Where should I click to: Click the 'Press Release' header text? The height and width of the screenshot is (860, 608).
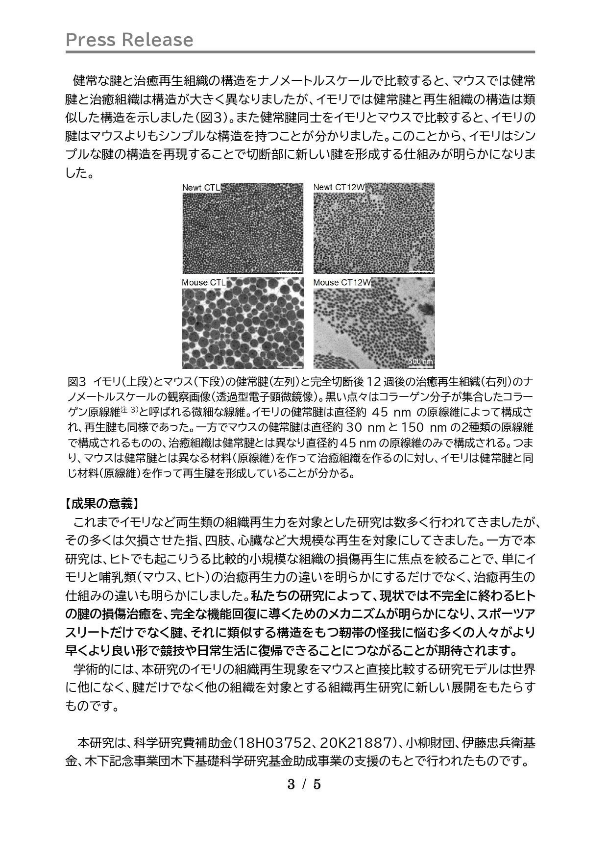[x=129, y=40]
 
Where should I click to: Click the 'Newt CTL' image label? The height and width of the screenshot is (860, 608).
[x=201, y=188]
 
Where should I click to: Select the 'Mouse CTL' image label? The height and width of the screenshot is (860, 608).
[x=203, y=283]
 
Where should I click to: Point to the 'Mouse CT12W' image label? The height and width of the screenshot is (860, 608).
[x=341, y=283]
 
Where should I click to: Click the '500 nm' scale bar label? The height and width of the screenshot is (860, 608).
[x=421, y=362]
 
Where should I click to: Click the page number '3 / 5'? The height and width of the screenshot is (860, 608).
[x=304, y=785]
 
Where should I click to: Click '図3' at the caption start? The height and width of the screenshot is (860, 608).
[x=77, y=381]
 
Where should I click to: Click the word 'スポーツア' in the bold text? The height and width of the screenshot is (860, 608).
[x=506, y=614]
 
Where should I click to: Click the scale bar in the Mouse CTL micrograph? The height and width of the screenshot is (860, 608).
[x=290, y=366]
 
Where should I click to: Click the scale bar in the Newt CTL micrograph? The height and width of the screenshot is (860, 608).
[x=290, y=270]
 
